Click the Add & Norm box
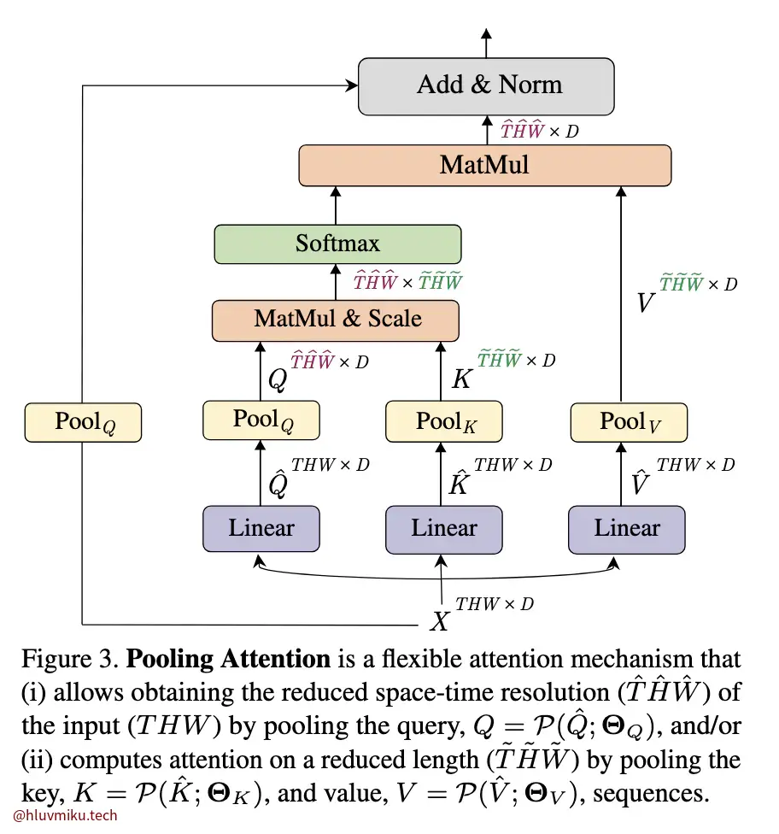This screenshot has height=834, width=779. click(486, 86)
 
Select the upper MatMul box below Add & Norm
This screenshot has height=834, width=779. click(484, 165)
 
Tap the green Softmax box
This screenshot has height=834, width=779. click(337, 244)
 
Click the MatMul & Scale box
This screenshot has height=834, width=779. click(336, 320)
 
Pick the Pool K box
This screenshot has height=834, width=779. click(444, 421)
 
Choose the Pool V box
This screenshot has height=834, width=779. click(628, 421)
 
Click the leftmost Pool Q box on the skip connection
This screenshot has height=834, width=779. click(83, 422)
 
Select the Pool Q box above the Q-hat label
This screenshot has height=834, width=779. click(261, 420)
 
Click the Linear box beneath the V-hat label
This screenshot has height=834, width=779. click(627, 528)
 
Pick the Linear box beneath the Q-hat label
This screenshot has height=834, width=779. click(261, 528)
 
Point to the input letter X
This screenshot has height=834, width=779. click(439, 621)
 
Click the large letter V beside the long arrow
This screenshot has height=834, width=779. click(647, 301)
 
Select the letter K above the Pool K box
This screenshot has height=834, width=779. click(460, 379)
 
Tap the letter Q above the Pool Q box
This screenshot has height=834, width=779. click(277, 379)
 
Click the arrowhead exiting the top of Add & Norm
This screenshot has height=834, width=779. click(487, 34)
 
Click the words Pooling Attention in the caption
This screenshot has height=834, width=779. click(228, 660)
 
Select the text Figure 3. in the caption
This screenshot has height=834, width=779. click(70, 660)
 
